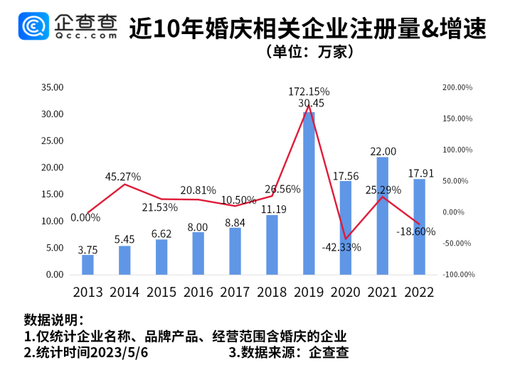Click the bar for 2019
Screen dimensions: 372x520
309,193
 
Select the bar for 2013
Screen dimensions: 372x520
87,264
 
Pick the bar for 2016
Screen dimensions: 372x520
198,253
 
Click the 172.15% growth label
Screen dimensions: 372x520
309,92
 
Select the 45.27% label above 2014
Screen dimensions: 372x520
122,176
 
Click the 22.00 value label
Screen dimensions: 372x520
383,151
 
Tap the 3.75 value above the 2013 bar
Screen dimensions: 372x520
87,249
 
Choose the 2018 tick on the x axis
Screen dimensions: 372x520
272,292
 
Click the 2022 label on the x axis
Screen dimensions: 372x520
420,292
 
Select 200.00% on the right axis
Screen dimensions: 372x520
457,87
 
